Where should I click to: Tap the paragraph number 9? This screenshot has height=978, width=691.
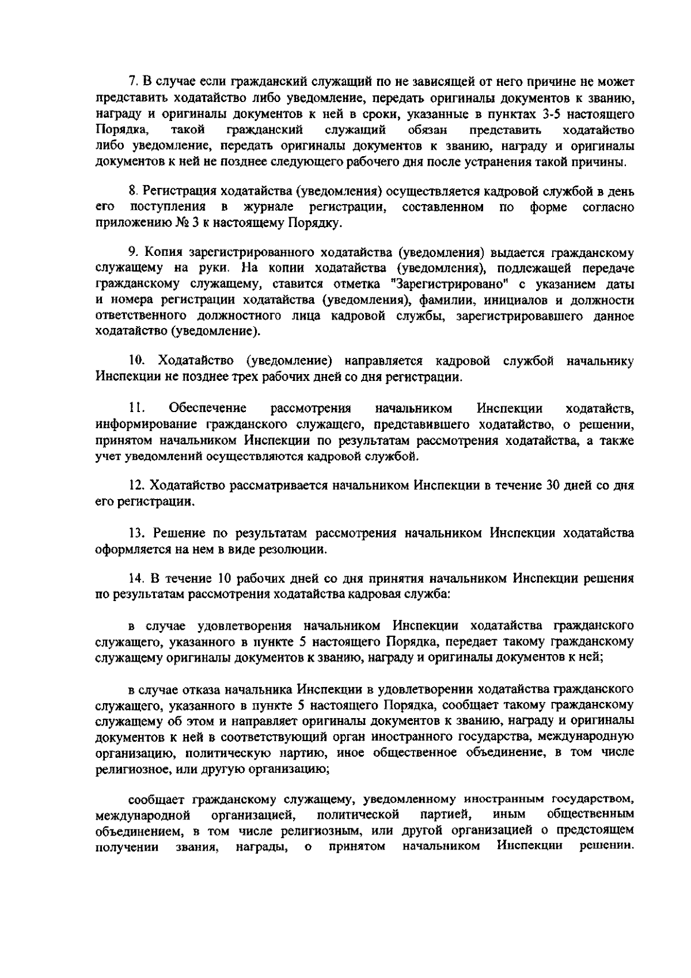(132, 252)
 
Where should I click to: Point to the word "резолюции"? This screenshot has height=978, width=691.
(295, 549)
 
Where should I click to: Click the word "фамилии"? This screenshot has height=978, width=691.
(441, 300)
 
